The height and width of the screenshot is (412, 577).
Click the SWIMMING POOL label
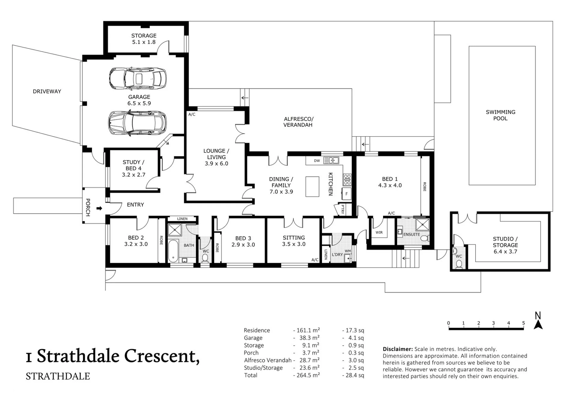tap(500, 115)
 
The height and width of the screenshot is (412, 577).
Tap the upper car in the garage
tap(138, 79)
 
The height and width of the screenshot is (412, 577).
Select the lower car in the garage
tap(137, 123)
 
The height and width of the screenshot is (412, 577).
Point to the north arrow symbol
tap(538, 321)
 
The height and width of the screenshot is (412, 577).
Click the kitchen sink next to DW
tap(331, 161)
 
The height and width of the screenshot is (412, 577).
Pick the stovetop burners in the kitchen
tap(347, 180)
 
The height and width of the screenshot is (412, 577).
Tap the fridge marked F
tap(346, 194)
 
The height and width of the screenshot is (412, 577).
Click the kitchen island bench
tap(312, 186)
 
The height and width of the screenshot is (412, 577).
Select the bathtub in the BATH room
tap(173, 251)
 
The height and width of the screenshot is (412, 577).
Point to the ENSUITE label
tap(412, 234)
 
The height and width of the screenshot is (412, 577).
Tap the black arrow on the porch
tap(99, 208)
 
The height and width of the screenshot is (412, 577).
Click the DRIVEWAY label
tap(47, 91)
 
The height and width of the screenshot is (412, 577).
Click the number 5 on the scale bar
tap(523, 323)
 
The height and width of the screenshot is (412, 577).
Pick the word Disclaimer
tap(397, 349)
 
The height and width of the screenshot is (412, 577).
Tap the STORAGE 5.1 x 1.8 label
tap(144, 39)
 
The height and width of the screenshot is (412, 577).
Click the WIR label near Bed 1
tap(379, 232)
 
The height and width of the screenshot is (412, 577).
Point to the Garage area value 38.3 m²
tap(309, 338)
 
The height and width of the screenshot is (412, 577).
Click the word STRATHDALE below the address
tap(58, 376)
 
